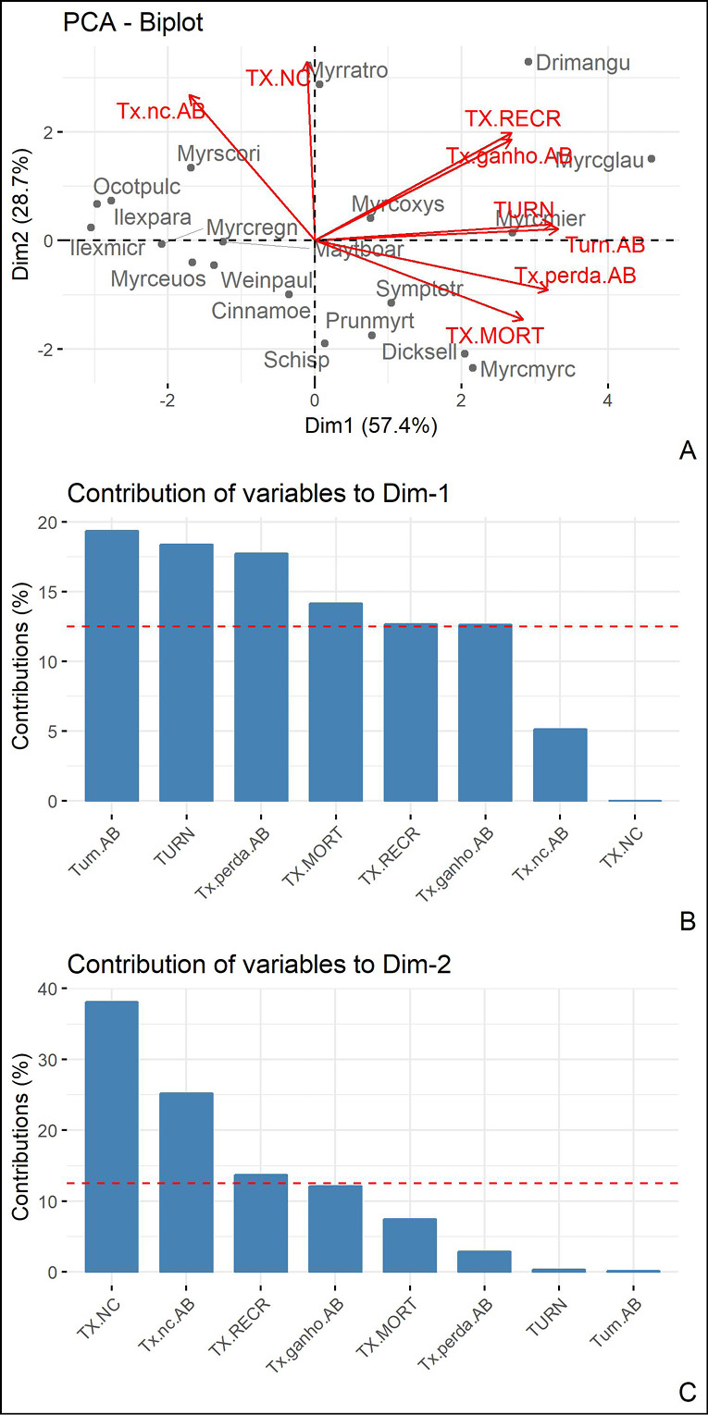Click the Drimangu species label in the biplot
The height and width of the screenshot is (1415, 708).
click(583, 63)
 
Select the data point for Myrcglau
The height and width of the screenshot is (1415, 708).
click(652, 159)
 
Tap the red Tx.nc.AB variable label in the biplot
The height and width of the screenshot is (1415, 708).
click(161, 111)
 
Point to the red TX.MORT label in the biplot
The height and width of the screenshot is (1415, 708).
click(494, 335)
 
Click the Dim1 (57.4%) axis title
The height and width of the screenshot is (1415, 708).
click(371, 427)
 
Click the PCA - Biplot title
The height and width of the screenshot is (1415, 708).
click(132, 23)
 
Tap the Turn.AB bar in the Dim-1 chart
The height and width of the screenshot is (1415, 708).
click(112, 665)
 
